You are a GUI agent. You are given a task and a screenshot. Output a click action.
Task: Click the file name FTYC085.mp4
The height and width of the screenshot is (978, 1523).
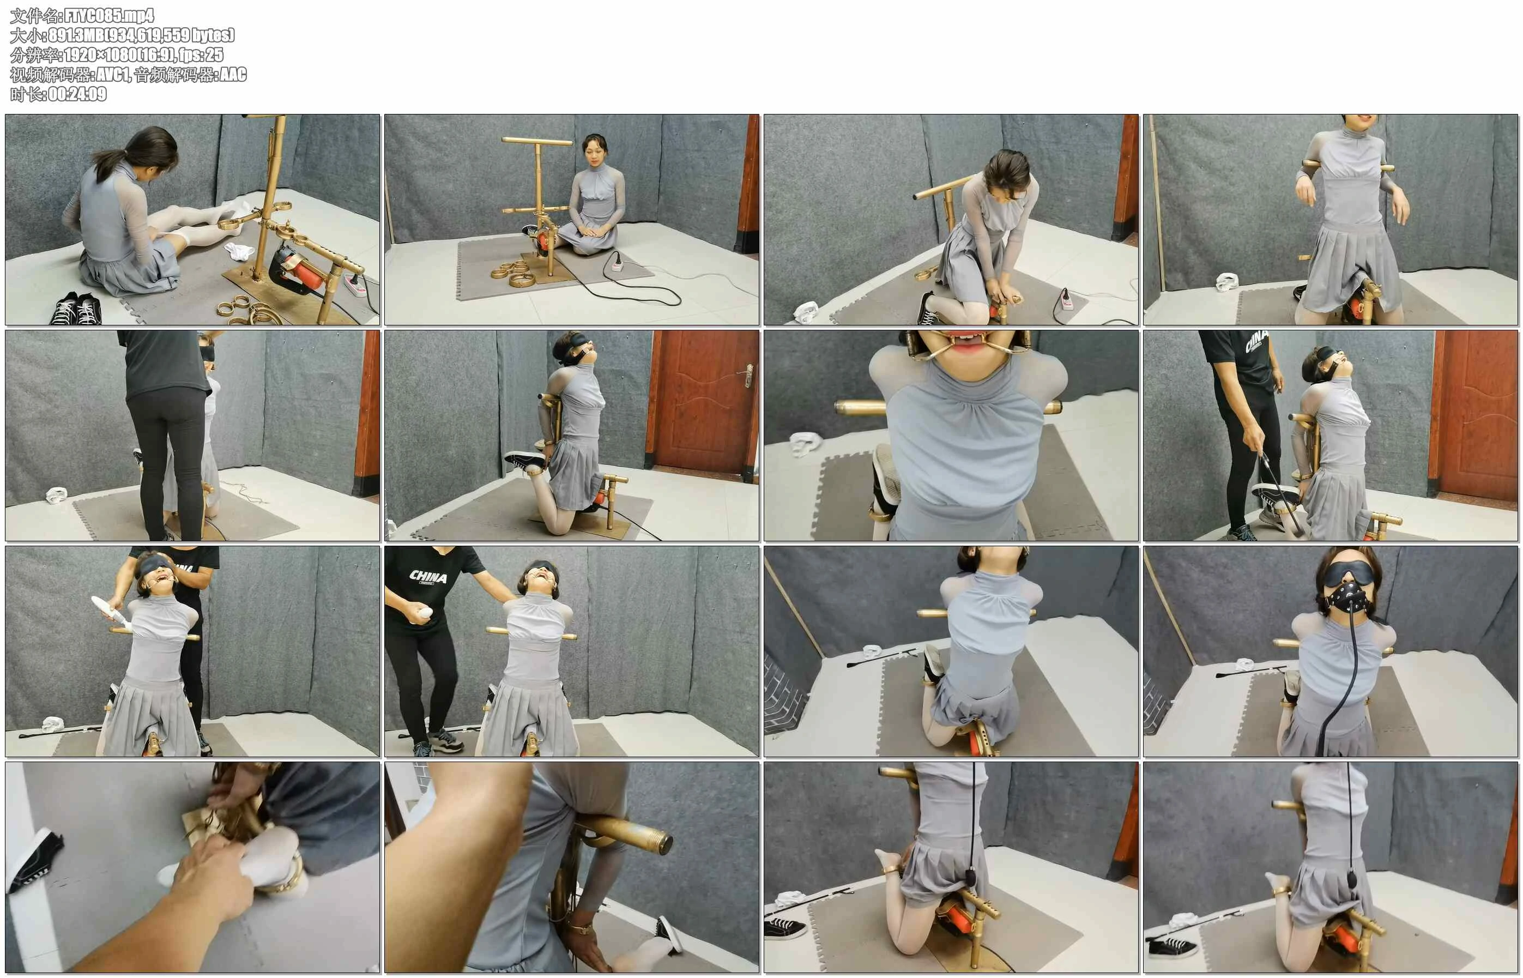(109, 16)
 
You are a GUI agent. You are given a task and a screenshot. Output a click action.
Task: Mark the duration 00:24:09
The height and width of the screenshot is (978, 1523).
(77, 94)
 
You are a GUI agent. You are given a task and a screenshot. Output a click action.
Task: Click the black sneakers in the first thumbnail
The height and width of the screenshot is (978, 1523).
(76, 308)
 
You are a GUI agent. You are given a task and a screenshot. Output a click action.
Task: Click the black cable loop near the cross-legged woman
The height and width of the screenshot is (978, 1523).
(635, 292)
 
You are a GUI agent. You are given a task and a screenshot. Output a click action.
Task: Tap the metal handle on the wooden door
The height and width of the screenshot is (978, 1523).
(749, 375)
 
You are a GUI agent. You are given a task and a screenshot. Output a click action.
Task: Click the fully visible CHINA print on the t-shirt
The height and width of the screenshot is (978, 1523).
(429, 577)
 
